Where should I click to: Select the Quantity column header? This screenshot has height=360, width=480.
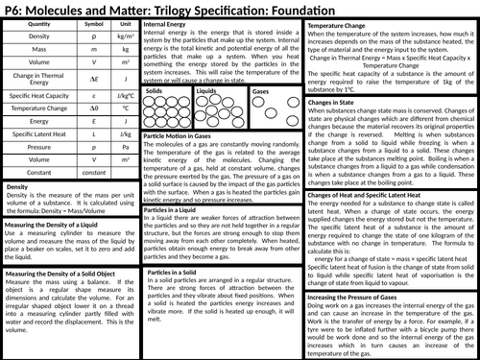point(39,29)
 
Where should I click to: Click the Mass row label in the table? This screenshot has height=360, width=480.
point(39,60)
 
